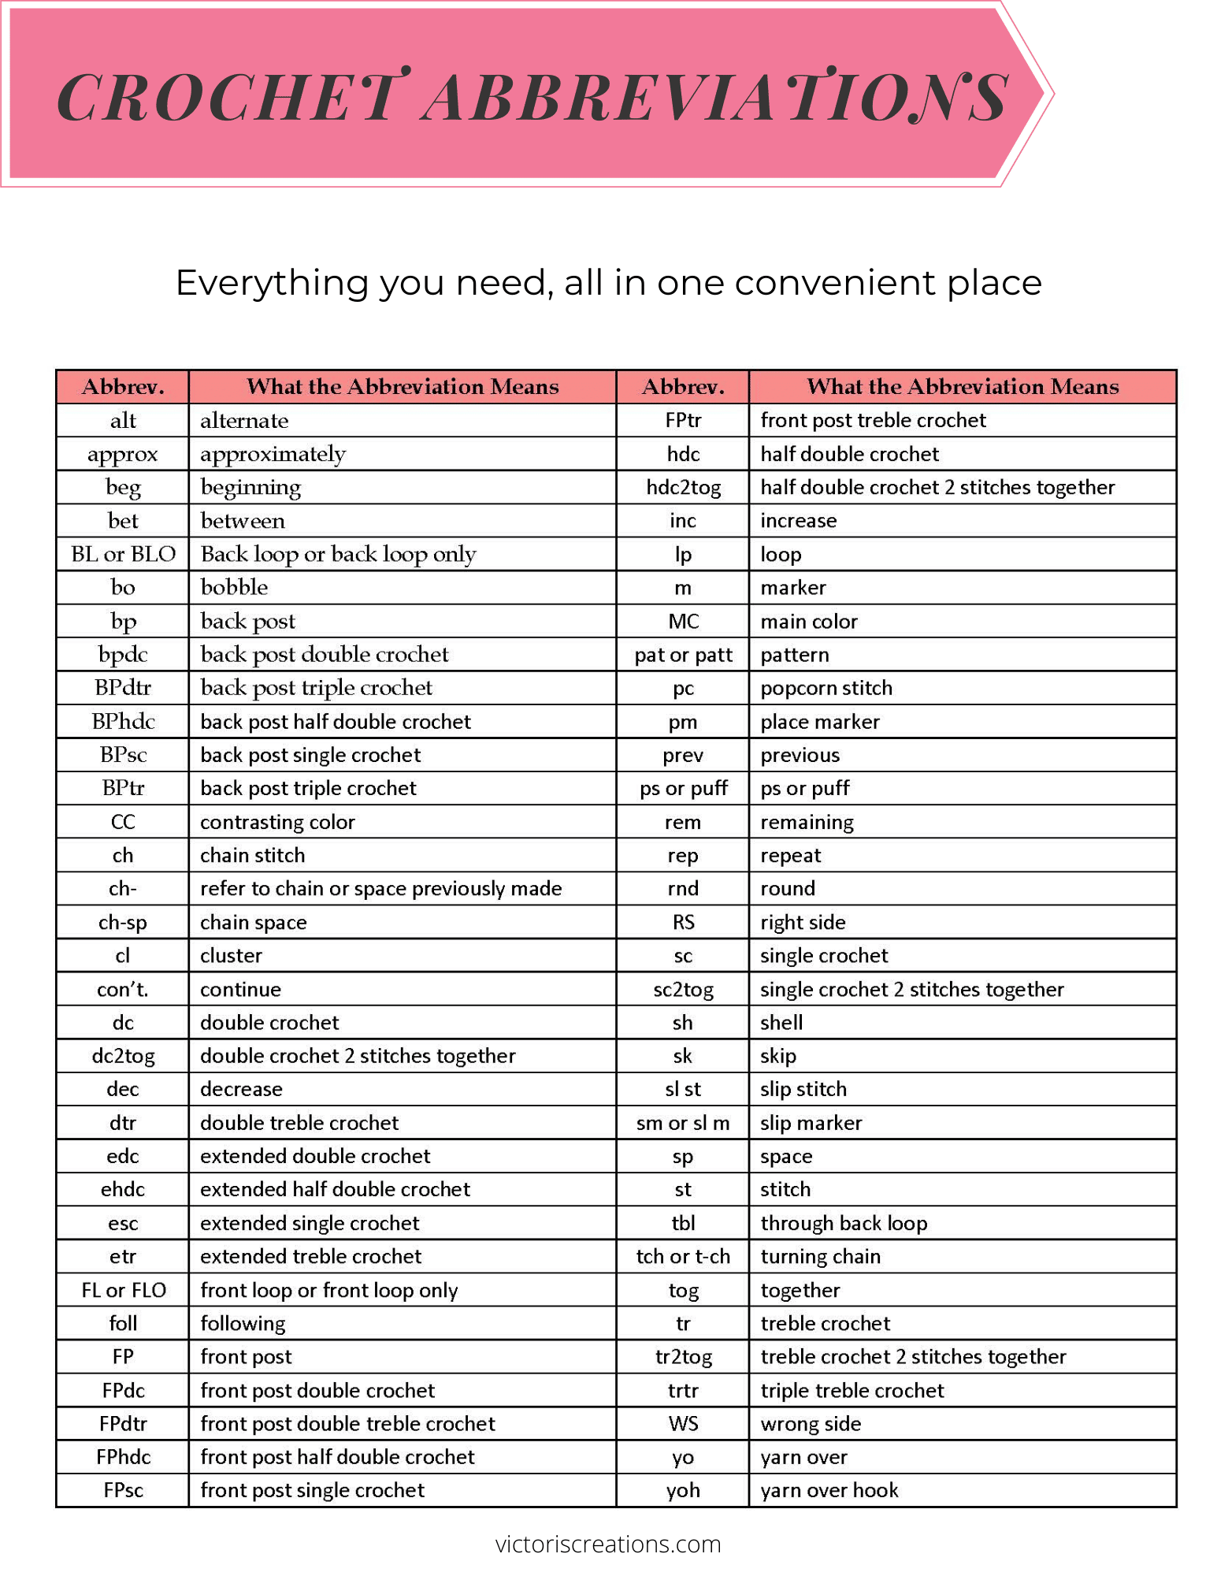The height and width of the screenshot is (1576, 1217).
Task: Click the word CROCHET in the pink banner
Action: click(228, 98)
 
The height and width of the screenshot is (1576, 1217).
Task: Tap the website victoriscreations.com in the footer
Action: click(608, 1544)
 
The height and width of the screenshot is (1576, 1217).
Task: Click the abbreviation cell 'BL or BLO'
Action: click(123, 554)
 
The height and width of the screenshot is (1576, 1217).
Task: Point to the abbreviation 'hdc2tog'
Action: click(683, 488)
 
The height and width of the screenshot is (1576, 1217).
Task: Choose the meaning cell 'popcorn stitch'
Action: click(826, 688)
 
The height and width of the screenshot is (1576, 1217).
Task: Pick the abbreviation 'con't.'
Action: click(123, 989)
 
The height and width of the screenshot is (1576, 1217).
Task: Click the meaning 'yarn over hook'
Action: click(829, 1490)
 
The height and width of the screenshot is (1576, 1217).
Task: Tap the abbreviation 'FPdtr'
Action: click(123, 1423)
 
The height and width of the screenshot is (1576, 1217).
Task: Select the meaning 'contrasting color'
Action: click(277, 822)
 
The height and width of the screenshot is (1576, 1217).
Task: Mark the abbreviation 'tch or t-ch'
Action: click(683, 1256)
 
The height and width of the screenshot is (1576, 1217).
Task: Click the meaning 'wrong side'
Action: click(811, 1423)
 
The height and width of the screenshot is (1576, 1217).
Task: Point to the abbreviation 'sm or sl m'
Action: click(683, 1123)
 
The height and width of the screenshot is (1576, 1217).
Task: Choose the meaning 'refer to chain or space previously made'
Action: click(380, 889)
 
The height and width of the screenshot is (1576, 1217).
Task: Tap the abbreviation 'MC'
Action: click(683, 622)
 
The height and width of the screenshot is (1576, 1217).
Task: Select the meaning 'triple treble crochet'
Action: click(852, 1390)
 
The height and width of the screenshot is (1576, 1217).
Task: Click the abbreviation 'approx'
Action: click(123, 455)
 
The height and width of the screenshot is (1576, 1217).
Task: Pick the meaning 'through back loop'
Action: click(844, 1223)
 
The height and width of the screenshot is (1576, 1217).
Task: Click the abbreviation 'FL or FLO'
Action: click(123, 1290)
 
